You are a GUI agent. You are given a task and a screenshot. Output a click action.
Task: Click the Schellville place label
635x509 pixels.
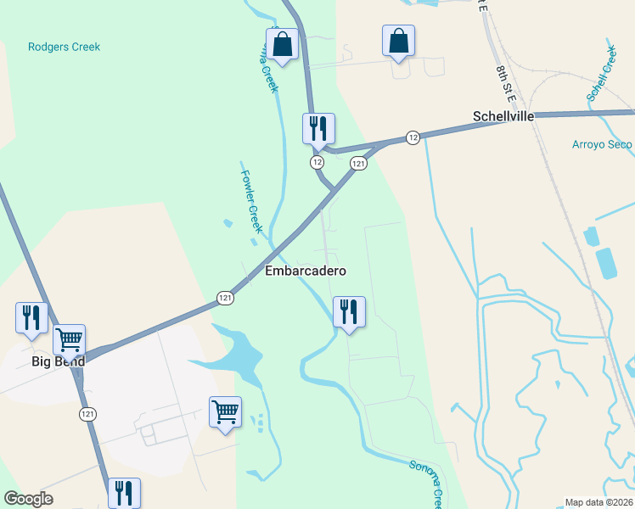(x=503, y=116)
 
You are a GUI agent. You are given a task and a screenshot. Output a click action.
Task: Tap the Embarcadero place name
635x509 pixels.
(x=306, y=271)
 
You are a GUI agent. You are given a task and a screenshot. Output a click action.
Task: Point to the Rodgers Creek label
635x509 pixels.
(x=64, y=47)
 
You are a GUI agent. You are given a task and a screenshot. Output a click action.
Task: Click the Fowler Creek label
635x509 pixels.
(x=252, y=202)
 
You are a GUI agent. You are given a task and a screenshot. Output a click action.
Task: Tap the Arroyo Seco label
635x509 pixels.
(x=602, y=144)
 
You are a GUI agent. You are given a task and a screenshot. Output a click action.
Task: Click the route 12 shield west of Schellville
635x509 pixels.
(x=413, y=137)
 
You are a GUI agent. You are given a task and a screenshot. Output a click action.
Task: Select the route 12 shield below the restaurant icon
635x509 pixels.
(x=317, y=161)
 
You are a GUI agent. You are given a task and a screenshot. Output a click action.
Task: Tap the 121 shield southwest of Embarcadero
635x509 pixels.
(x=225, y=298)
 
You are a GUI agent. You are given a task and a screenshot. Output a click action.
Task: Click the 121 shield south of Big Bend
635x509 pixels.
(x=87, y=413)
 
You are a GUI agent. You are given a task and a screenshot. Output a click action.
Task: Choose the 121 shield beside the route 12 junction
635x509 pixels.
(x=358, y=163)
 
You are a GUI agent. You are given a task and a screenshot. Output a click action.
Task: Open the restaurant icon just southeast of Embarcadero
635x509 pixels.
(x=349, y=311)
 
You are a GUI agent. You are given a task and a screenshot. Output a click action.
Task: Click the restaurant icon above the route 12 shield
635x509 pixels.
(x=318, y=128)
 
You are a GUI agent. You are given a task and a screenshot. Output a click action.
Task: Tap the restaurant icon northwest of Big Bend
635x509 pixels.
(x=31, y=317)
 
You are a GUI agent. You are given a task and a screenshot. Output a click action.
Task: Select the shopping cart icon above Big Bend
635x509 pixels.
(x=69, y=339)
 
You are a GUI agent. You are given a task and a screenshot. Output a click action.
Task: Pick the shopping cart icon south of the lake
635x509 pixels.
(x=225, y=411)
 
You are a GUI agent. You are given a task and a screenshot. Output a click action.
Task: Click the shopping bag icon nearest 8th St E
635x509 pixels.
(x=398, y=40)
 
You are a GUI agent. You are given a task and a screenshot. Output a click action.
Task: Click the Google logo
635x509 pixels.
(x=28, y=499)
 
